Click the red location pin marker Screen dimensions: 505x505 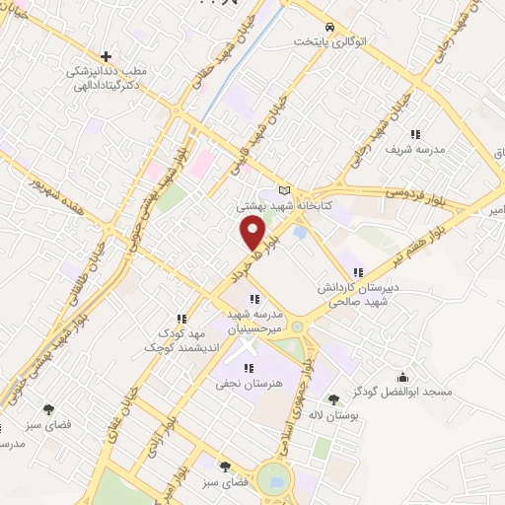coord(253,234)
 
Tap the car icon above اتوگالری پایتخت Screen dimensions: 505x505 coord(329,28)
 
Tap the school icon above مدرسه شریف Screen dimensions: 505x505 coord(417,134)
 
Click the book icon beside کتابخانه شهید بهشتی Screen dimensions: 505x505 coord(286,190)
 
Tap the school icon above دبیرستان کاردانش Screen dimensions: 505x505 coord(358,272)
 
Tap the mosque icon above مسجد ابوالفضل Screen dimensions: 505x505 coord(402,377)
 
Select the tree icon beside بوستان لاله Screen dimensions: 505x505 coord(333,399)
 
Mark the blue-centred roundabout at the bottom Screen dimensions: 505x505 coord(277,482)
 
